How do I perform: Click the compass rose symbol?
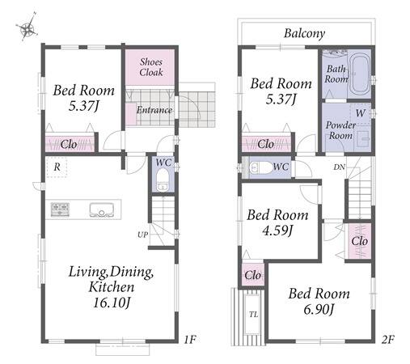27,28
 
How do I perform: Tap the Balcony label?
304,33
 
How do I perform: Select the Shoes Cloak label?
151,67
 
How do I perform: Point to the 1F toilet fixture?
163,180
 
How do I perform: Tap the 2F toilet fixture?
260,168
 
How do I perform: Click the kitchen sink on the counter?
101,210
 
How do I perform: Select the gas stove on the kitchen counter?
60,210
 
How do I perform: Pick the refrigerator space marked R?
57,167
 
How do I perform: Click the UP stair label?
142,235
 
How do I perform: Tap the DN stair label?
340,167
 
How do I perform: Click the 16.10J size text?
112,303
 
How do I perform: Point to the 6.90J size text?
319,309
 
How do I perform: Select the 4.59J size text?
277,231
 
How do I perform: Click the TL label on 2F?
253,315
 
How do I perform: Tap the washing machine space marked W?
360,113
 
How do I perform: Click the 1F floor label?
190,340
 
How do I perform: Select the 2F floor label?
388,340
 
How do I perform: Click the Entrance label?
154,110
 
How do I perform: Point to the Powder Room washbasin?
363,139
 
